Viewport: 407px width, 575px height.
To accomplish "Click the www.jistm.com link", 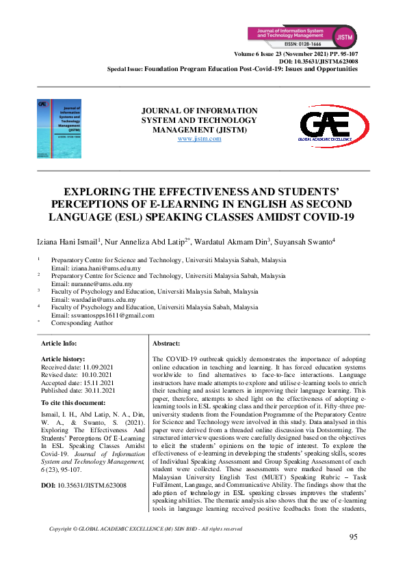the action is tap(199, 139).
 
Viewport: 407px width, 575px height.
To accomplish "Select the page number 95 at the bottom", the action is tap(353, 536).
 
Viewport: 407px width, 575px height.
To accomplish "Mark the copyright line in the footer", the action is tap(146, 529).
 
